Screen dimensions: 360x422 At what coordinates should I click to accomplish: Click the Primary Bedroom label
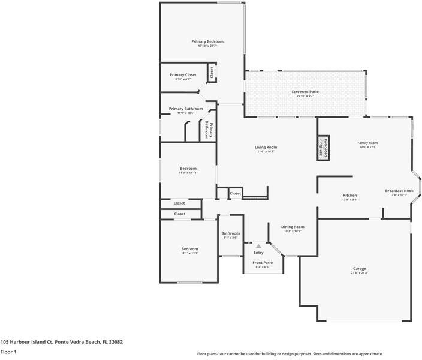coord(207,41)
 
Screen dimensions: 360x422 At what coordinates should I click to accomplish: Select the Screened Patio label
coord(305,92)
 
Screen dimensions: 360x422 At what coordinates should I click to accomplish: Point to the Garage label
coord(359,268)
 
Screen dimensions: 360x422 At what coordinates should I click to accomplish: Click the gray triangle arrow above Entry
coord(258,246)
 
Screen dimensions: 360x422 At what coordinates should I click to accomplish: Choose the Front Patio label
coord(263,262)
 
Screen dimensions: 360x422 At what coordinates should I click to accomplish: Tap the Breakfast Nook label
coord(399,190)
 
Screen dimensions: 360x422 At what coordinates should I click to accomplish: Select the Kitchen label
coord(349,195)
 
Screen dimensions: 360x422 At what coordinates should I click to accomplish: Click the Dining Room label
coord(293,227)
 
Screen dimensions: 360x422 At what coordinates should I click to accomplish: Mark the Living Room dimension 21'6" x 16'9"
coord(266,152)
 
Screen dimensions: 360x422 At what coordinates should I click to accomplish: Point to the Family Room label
coord(367,143)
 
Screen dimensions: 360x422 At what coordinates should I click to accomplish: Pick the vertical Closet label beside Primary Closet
coord(212,73)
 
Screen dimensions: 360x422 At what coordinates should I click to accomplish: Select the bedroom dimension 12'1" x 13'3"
coord(189,253)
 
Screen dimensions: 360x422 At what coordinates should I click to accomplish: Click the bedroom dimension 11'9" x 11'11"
coord(188,173)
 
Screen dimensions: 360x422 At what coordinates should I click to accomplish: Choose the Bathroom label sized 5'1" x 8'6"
coord(230,233)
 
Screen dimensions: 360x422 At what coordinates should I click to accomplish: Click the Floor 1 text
coord(8,352)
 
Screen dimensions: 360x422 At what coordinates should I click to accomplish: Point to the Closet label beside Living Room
coord(236,193)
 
